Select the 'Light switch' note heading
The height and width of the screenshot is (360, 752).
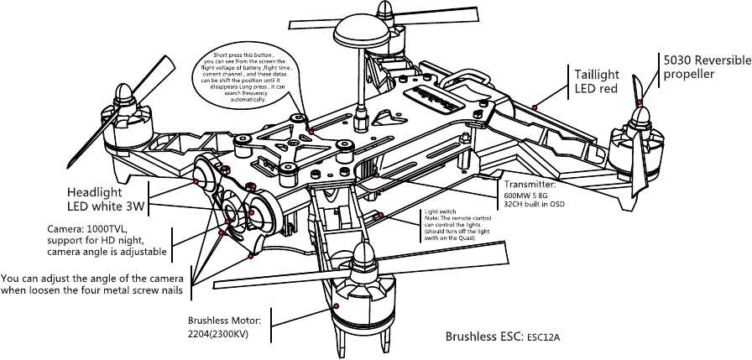click(441, 211)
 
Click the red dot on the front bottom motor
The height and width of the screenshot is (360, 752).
click(336, 308)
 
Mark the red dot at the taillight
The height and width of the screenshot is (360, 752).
click(535, 107)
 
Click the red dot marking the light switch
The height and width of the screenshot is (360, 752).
click(382, 216)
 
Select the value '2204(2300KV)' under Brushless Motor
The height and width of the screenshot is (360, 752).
click(217, 335)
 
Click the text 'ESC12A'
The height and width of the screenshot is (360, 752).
click(544, 338)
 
